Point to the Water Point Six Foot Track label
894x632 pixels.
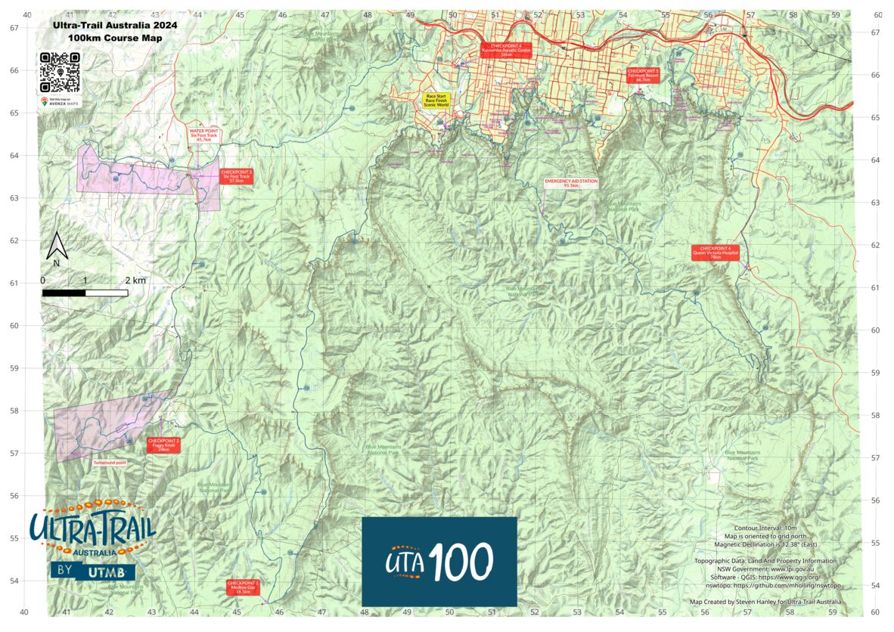point(203,135)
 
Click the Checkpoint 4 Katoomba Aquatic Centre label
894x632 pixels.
point(506,51)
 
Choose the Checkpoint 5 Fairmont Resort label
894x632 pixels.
point(644,74)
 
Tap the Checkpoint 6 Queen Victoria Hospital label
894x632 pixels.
point(715,252)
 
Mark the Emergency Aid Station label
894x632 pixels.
point(571,183)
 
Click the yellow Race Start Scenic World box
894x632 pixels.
point(436,101)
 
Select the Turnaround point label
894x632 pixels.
point(110,462)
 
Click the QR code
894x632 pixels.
point(59,73)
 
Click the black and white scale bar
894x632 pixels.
point(84,292)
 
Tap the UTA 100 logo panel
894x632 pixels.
point(439,561)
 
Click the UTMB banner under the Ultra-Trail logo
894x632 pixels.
point(92,572)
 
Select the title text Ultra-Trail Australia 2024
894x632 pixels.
point(114,24)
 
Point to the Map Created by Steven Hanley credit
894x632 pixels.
point(765,602)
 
